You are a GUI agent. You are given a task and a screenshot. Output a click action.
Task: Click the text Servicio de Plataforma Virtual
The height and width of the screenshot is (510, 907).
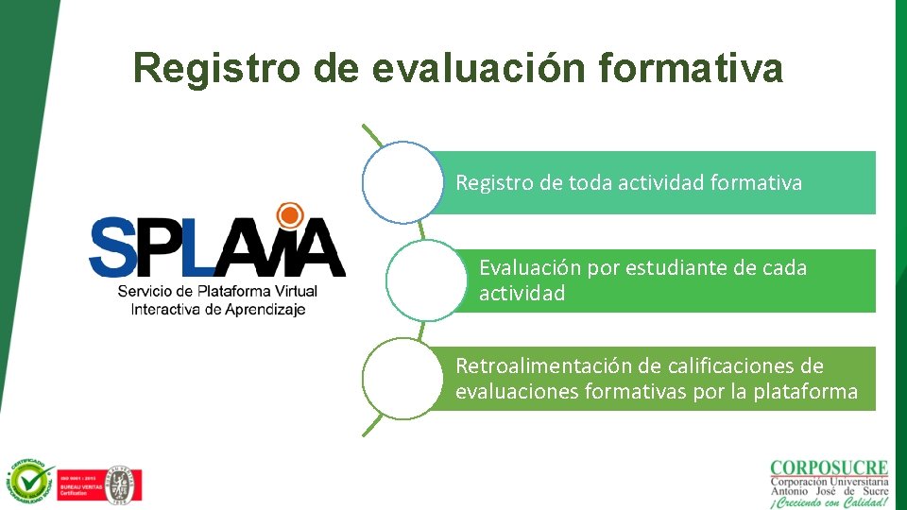pos(217,291)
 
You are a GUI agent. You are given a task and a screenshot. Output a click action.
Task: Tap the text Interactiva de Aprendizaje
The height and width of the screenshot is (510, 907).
pos(218,309)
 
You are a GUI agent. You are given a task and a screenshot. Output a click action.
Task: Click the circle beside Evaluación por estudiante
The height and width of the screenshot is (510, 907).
pos(427,280)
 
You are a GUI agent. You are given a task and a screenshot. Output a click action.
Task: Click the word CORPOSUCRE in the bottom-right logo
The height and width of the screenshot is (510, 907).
pos(829,468)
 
